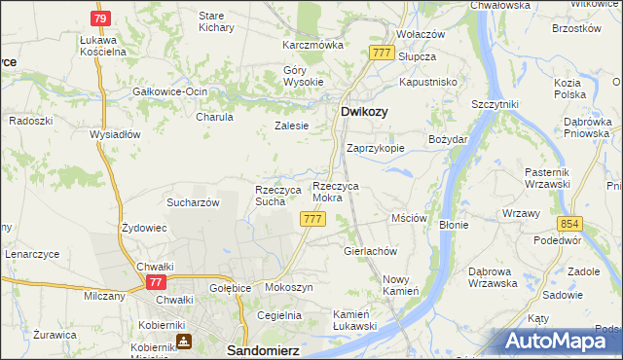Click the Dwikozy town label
click(364, 113)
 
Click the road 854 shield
click(569, 223)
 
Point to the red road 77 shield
click(155, 281)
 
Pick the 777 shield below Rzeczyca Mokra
click(312, 220)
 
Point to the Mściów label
click(409, 219)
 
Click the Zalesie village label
click(291, 126)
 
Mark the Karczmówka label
click(313, 45)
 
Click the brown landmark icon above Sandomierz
click(184, 341)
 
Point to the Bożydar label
click(449, 140)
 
